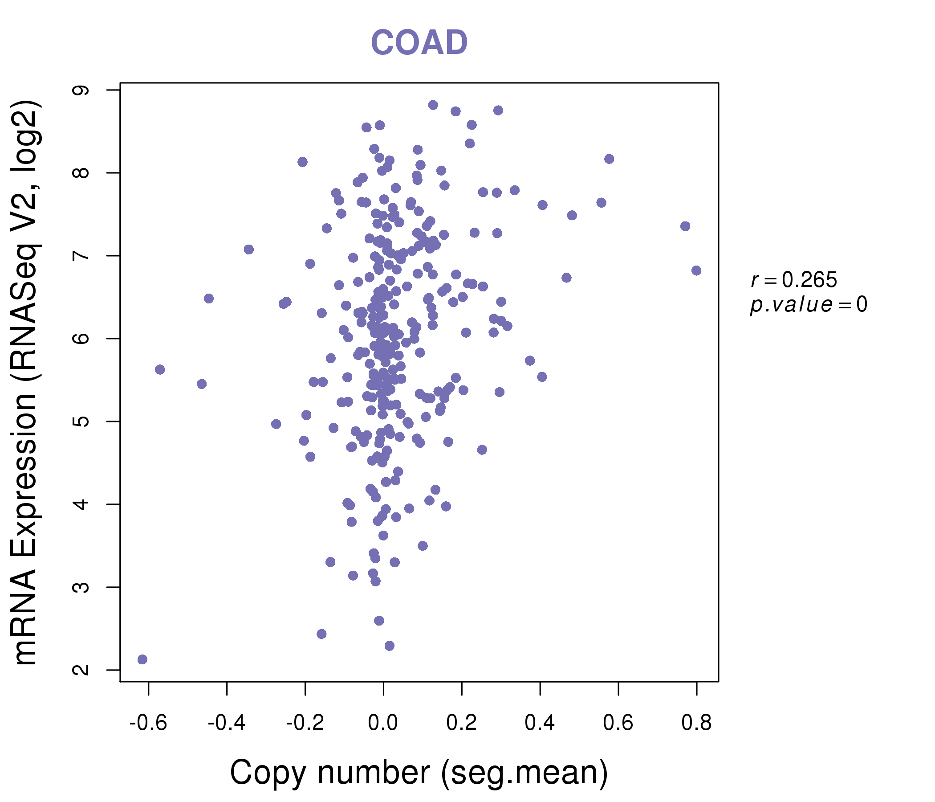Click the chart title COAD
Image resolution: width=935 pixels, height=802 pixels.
(419, 43)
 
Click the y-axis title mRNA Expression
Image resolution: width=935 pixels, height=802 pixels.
(26, 383)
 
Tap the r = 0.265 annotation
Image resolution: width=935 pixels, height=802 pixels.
(794, 280)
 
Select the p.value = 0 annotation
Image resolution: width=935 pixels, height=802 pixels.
(808, 305)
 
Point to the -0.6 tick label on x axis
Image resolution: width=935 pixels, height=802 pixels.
(148, 723)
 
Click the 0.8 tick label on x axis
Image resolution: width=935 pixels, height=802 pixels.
(696, 723)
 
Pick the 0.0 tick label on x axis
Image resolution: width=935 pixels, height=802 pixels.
(383, 723)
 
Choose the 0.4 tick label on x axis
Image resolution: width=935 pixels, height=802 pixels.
(540, 723)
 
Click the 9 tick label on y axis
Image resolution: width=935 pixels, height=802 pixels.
(81, 90)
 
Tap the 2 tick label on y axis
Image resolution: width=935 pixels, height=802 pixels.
(81, 670)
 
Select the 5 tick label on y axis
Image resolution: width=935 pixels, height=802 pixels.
(81, 421)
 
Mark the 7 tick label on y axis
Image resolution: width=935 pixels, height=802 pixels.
(81, 256)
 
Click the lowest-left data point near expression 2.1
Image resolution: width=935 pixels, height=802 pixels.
(142, 659)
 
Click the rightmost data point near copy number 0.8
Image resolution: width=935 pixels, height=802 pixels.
(696, 270)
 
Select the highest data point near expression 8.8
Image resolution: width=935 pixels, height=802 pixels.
(433, 105)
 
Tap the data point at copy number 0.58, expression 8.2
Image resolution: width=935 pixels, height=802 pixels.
(609, 159)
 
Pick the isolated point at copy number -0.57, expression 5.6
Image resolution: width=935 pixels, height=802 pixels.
(160, 369)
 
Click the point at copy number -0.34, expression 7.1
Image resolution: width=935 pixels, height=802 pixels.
(248, 250)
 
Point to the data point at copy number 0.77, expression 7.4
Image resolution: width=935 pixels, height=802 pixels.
(685, 226)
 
